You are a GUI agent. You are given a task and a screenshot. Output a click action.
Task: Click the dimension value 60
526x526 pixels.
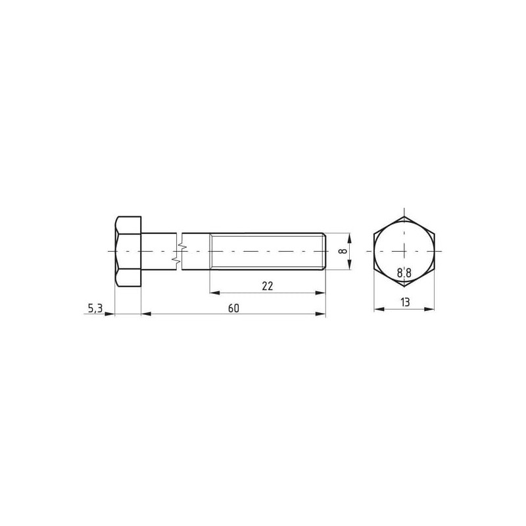[x=233, y=308]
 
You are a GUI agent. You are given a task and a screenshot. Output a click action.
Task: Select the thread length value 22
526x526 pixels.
[x=268, y=286]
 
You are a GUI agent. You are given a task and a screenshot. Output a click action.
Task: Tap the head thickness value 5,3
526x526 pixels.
[x=95, y=308]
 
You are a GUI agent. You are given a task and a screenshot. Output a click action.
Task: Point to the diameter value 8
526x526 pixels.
[x=342, y=251]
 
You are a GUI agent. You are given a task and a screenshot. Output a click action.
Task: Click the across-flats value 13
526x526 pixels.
[x=405, y=302]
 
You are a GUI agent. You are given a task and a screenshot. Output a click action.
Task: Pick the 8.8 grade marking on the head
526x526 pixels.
[x=404, y=273]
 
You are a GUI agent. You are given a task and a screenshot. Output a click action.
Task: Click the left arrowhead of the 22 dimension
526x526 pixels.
[x=215, y=293]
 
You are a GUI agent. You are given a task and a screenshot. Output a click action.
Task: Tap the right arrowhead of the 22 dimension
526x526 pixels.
[x=320, y=293]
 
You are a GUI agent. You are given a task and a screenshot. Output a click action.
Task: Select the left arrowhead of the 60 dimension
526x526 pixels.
[x=146, y=314]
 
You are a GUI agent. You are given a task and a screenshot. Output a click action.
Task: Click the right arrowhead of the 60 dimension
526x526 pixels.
[x=320, y=314]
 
